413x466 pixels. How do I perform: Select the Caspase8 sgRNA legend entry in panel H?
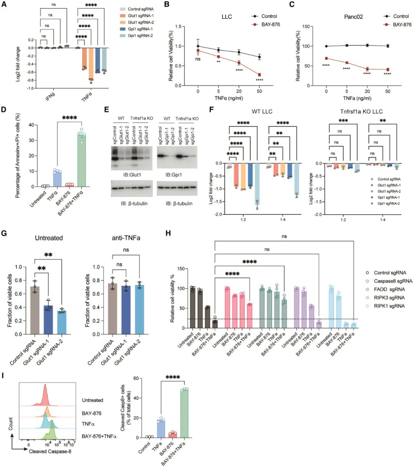(392, 281)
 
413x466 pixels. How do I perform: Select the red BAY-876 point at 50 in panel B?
(260, 75)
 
